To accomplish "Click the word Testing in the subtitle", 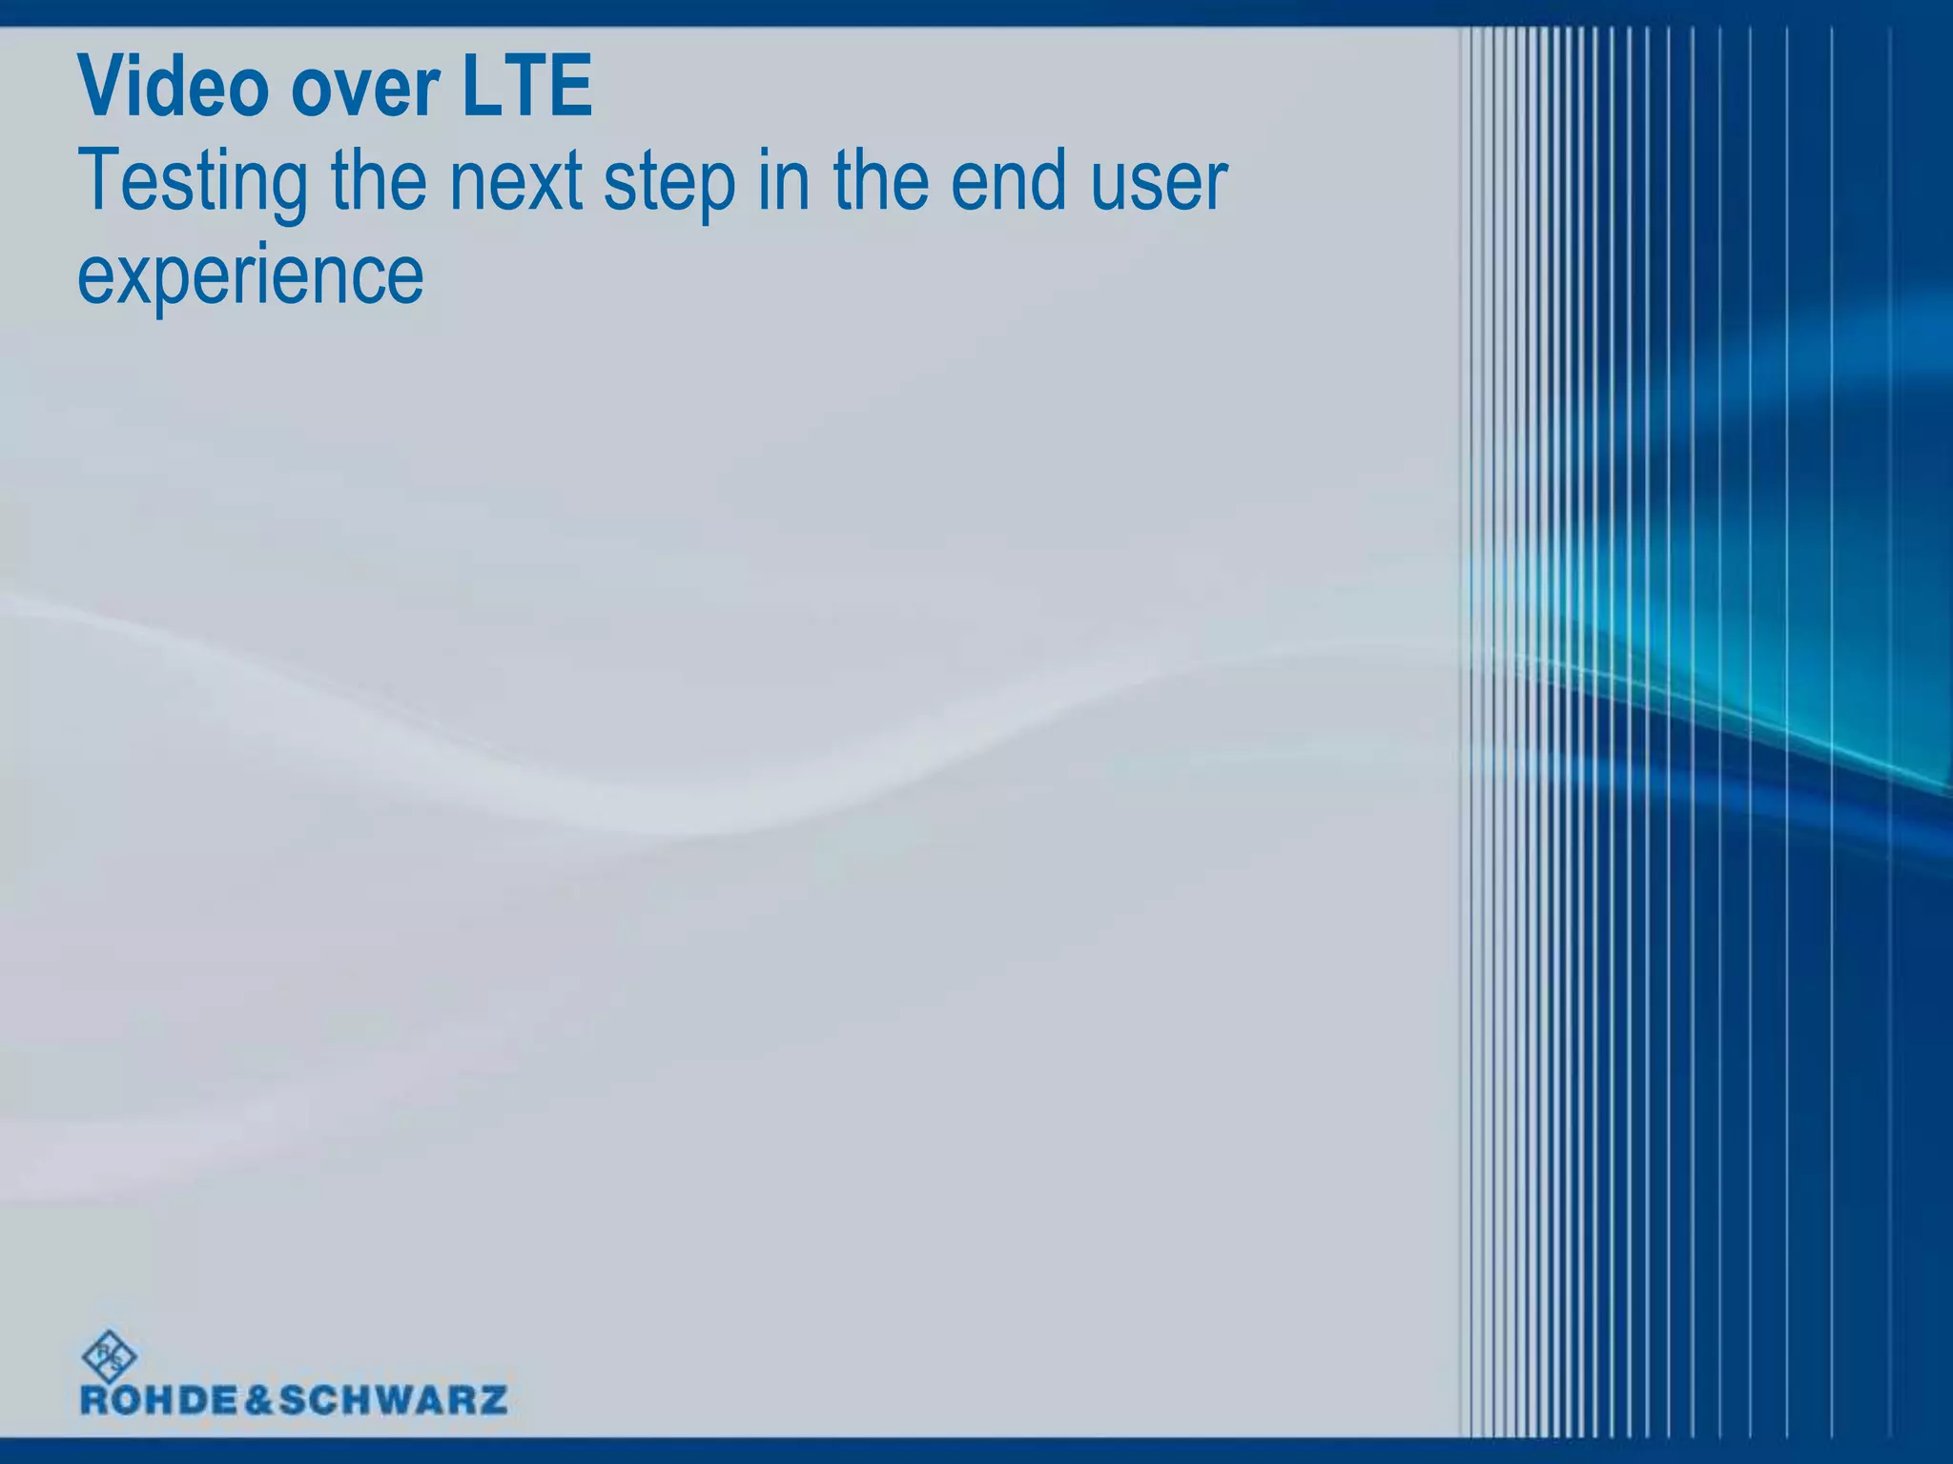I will [x=193, y=183].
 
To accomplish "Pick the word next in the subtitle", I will [x=516, y=183].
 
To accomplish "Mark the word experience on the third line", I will [x=250, y=276].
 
